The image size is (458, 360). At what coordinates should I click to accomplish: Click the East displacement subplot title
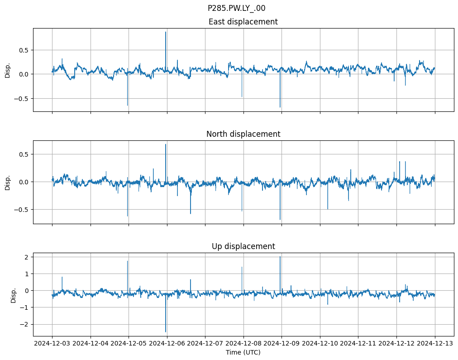click(x=243, y=22)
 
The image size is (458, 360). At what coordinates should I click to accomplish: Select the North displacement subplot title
click(x=243, y=134)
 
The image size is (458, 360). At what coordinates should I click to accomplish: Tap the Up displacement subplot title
click(x=243, y=246)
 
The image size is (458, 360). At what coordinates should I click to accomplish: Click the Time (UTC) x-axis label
click(x=243, y=352)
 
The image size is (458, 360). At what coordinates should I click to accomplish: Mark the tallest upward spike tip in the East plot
click(x=166, y=32)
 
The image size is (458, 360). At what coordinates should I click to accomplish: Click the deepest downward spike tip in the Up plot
click(x=166, y=332)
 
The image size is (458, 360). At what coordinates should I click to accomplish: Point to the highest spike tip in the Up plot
click(x=280, y=257)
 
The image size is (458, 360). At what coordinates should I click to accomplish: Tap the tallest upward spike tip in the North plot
click(x=166, y=144)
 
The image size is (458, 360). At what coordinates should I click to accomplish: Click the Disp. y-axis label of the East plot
click(x=7, y=70)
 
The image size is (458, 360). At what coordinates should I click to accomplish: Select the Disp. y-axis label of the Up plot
click(x=14, y=294)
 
